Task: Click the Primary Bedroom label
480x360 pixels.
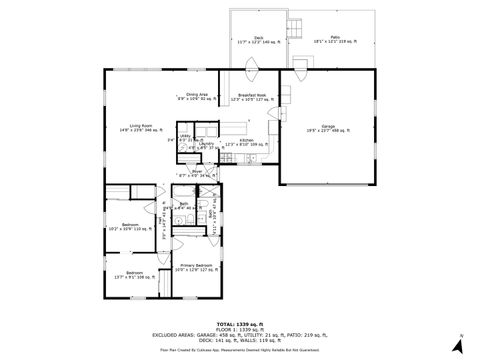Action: coord(195,266)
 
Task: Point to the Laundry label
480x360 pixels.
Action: coord(206,144)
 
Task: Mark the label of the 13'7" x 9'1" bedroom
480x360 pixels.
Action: coord(133,275)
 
